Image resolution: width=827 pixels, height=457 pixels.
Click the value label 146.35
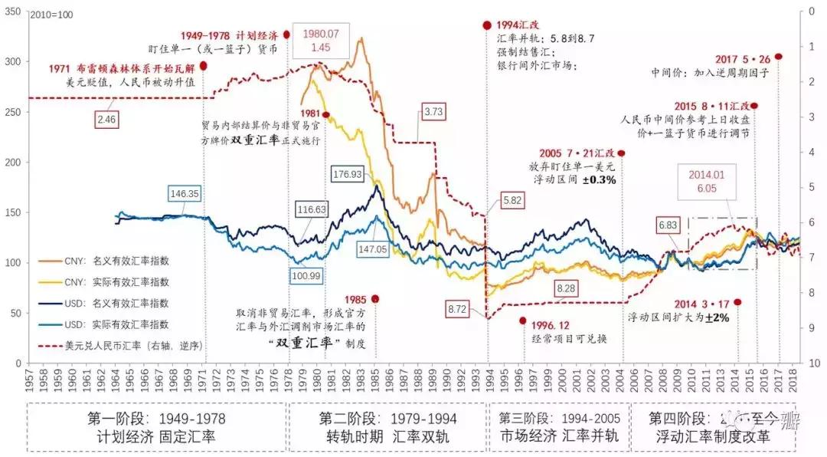185,194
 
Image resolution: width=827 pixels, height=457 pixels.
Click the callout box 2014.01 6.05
705,181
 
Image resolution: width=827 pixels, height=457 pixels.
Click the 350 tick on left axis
14,12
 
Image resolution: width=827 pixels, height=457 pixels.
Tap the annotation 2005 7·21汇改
570,153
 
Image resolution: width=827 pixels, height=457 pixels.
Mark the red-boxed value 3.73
433,112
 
